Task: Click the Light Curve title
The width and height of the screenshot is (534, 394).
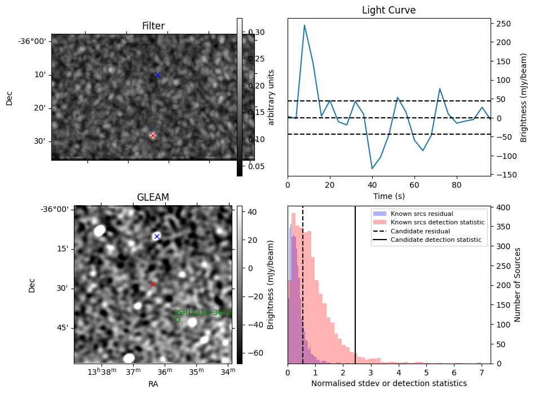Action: (389, 10)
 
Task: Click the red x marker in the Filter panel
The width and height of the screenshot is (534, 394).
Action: (153, 135)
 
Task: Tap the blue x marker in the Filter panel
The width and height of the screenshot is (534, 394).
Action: (157, 74)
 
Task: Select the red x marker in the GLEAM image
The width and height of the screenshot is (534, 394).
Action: (153, 285)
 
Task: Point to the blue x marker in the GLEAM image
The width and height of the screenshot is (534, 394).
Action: (157, 236)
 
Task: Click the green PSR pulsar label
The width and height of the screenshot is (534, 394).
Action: (202, 312)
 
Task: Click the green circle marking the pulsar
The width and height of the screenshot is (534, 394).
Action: (177, 320)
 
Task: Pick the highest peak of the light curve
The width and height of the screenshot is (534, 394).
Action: (304, 25)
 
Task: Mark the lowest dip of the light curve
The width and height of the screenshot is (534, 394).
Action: (372, 169)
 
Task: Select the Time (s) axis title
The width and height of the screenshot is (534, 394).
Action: (389, 196)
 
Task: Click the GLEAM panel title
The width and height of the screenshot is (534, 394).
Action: (153, 197)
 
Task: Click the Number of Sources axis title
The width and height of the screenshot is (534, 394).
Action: (517, 285)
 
